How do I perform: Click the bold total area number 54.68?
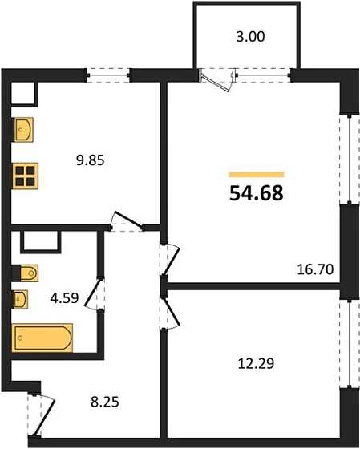point(257,193)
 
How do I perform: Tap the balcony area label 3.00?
point(251,37)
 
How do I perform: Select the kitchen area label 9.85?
point(91,160)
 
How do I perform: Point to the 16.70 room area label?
point(315,269)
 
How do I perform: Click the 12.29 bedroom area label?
point(257,363)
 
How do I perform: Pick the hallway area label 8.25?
point(105,402)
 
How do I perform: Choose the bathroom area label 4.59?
point(64,298)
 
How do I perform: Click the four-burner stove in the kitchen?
point(25,176)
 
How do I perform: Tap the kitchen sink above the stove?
point(23,130)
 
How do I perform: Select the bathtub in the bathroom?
point(42,338)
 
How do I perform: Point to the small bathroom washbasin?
point(20,300)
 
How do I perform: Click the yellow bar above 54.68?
point(257,175)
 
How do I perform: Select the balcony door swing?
point(216,82)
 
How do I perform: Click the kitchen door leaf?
point(128,220)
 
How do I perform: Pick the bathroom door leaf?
point(93,293)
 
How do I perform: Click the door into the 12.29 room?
point(172,312)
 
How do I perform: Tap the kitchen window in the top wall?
point(108,75)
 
